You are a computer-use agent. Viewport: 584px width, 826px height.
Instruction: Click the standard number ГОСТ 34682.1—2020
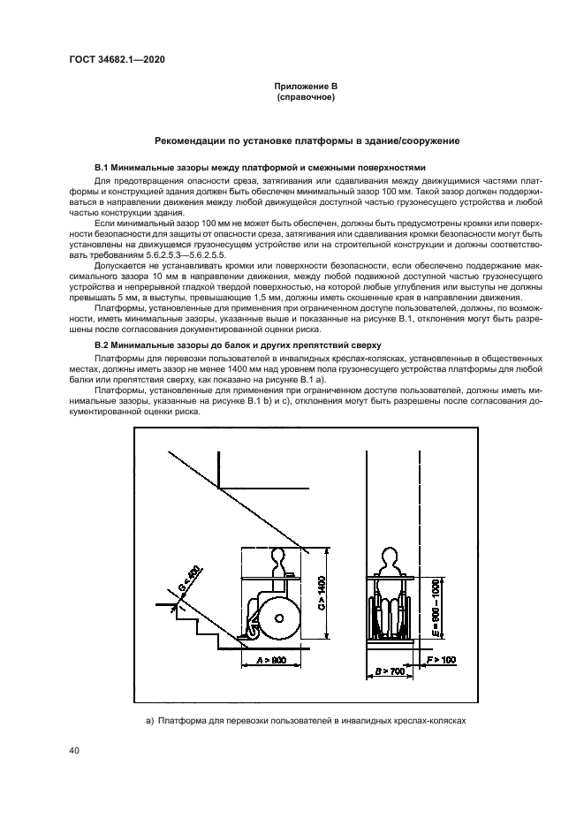(x=117, y=59)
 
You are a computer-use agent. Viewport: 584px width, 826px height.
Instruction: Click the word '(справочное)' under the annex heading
(x=305, y=98)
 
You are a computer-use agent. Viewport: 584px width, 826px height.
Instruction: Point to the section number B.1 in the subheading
(x=101, y=168)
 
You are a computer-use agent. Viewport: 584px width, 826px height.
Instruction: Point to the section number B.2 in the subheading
(x=101, y=345)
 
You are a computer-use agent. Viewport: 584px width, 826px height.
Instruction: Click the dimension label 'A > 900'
(x=272, y=660)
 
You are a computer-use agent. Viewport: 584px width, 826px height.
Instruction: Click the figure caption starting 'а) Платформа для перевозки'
(x=305, y=721)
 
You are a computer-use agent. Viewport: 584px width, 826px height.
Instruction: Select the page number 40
(x=74, y=751)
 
